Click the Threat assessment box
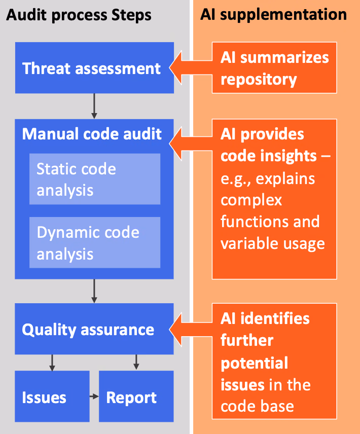pyautogui.click(x=94, y=68)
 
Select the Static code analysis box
pyautogui.click(x=94, y=179)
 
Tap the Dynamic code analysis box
pyautogui.click(x=94, y=242)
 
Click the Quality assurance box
pyautogui.click(x=94, y=329)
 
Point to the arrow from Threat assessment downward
pyautogui.click(x=94, y=105)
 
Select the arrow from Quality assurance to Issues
pyautogui.click(x=52, y=362)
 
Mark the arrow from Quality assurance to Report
pyautogui.click(x=136, y=362)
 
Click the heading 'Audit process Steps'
pyautogui.click(x=79, y=15)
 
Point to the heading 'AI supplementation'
pyautogui.click(x=273, y=14)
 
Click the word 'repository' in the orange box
pyautogui.click(x=259, y=80)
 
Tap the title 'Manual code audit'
pyautogui.click(x=92, y=134)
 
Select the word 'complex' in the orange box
pyautogui.click(x=251, y=200)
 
